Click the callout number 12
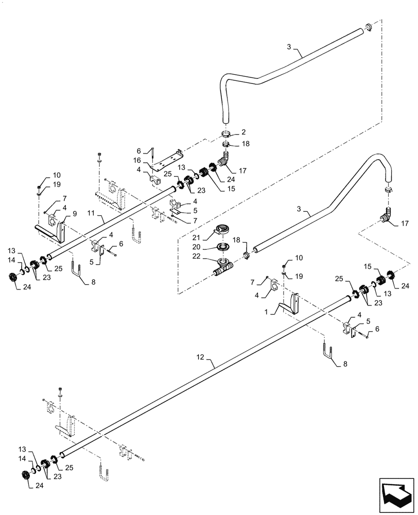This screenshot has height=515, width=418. point(200,356)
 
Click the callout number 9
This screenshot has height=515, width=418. point(74,213)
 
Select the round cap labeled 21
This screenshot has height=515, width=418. point(224,230)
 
